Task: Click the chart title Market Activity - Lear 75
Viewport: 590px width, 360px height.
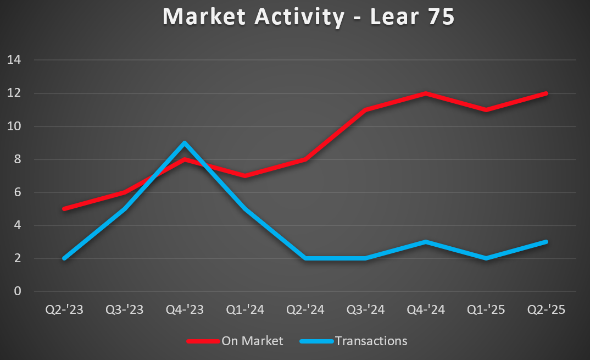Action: coord(308,16)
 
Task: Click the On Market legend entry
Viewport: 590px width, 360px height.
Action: coord(252,341)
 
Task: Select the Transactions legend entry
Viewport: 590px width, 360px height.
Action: coord(371,341)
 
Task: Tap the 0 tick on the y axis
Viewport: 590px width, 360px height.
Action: coord(17,291)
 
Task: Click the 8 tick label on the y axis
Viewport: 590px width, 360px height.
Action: coord(17,159)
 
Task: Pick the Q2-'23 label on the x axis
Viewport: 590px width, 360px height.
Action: coord(64,310)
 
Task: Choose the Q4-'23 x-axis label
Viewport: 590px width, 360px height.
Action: coord(185,310)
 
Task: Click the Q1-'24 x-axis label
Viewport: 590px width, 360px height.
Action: coord(245,310)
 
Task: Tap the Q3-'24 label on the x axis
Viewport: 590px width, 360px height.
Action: coord(365,310)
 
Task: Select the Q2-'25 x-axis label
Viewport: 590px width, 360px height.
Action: coord(546,310)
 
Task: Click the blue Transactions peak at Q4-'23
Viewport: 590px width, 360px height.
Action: coord(185,143)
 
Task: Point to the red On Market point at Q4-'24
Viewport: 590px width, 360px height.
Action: coord(426,93)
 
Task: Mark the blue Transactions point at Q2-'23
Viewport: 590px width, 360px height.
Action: coord(64,258)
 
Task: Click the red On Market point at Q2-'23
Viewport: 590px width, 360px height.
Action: coord(64,209)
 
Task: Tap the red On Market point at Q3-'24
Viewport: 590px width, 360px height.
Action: coord(365,110)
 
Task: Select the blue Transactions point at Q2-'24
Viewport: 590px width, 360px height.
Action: coord(305,258)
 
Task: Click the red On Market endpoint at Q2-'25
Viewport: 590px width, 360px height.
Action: coord(546,93)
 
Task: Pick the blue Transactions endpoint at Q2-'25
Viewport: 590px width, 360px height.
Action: coord(546,242)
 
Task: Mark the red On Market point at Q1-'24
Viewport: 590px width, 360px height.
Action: coord(245,176)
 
